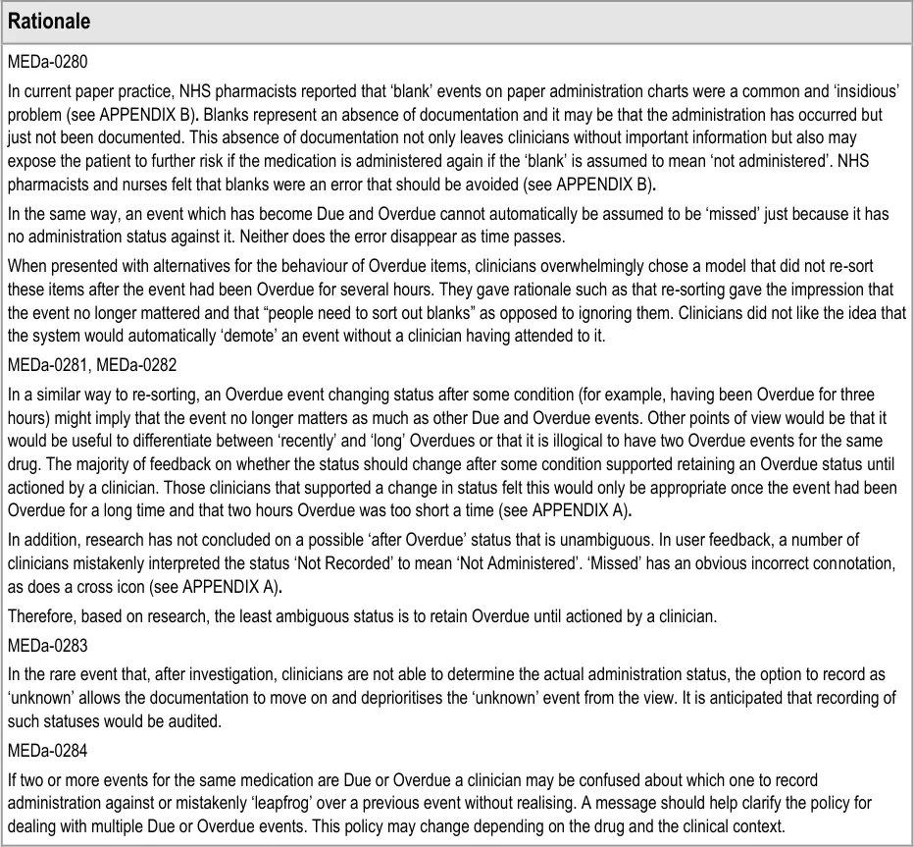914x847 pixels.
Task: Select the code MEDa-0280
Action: (x=48, y=62)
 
